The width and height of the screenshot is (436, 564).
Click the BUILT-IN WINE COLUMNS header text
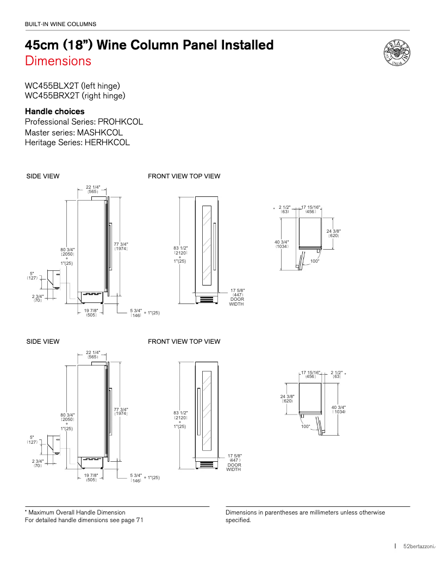(x=60, y=24)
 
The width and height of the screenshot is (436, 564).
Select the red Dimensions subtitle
(x=58, y=61)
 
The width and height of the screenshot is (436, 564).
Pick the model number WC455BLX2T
(x=52, y=86)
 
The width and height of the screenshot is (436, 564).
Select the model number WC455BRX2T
(x=52, y=96)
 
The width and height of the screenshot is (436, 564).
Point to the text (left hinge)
(x=101, y=86)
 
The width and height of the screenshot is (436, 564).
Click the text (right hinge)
(x=103, y=96)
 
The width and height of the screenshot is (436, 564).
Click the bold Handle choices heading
(x=55, y=111)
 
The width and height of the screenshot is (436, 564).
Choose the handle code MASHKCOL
(x=100, y=132)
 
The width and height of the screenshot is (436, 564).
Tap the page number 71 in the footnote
(x=140, y=520)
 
